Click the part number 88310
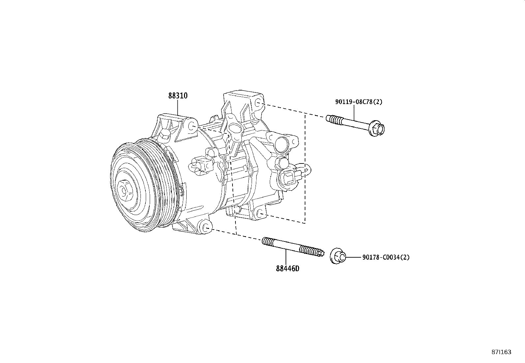coord(178,96)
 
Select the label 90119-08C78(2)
coord(359,102)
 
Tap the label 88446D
coord(288,269)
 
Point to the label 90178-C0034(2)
coord(386,257)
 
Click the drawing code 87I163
coord(501,352)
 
